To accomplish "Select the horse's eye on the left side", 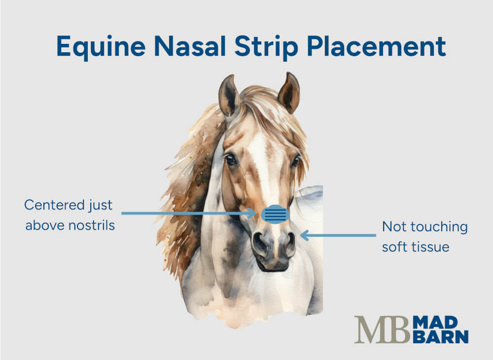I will pos(231,160).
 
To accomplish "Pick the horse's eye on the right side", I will pos(295,160).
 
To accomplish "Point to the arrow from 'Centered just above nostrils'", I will pos(187,214).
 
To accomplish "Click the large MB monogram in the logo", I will pos(382,329).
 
